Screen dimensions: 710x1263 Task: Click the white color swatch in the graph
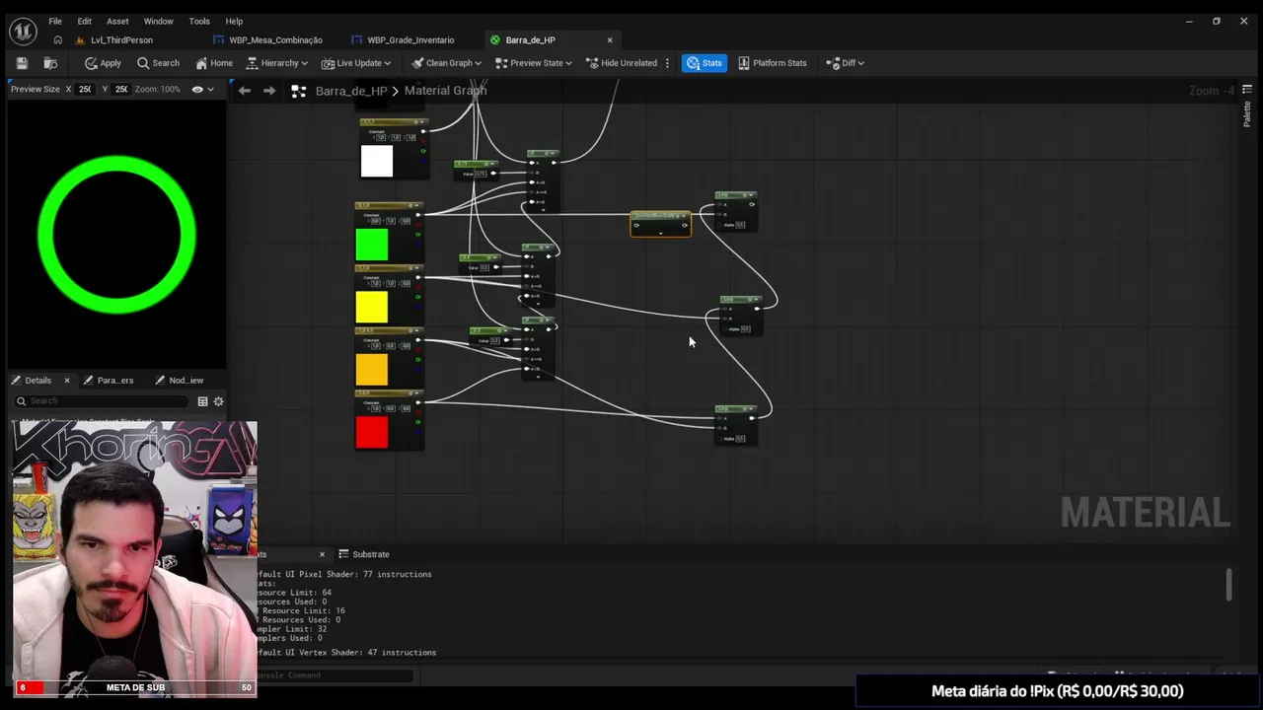coord(376,161)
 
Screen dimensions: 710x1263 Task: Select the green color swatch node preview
coord(372,245)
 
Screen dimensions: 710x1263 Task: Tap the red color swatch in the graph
coord(372,432)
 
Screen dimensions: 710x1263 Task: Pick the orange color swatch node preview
coord(372,370)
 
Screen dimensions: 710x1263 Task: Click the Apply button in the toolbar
coord(103,63)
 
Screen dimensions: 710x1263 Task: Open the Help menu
coord(234,21)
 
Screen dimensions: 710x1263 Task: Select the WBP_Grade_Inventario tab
coord(409,40)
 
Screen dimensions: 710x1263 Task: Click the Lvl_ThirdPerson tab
coord(121,40)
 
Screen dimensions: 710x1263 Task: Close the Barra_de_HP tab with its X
coord(610,40)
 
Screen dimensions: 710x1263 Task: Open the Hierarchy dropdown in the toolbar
coord(277,63)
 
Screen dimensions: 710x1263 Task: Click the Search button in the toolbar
coord(158,63)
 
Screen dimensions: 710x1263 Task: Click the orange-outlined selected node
coord(660,225)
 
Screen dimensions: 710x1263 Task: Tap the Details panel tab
coord(37,381)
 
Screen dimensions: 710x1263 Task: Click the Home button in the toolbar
coord(214,63)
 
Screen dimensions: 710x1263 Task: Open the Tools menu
coord(199,21)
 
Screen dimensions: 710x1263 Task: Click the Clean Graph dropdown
coord(446,63)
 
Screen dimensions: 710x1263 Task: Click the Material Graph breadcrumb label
coord(445,91)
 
